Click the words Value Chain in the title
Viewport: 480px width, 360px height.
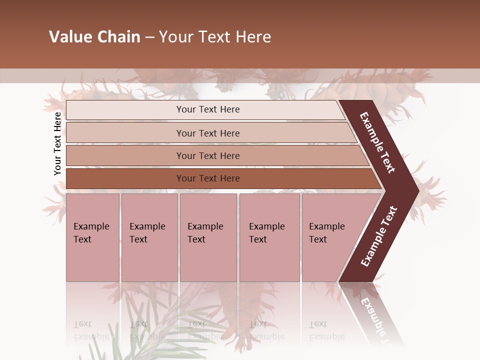pos(94,37)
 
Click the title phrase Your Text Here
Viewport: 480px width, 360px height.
pos(215,37)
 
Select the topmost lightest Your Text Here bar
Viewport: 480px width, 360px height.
pos(208,109)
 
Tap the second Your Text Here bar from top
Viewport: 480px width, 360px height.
pos(208,133)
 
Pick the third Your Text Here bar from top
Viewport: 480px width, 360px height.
pos(208,155)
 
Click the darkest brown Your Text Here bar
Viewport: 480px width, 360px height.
pos(208,178)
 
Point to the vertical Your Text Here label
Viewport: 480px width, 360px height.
pos(57,143)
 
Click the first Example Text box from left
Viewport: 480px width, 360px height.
pos(92,237)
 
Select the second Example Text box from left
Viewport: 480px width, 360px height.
pos(149,237)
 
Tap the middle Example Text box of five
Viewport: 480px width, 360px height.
pos(208,237)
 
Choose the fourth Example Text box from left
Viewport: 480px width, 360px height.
pos(269,237)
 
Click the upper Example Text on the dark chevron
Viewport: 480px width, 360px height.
pos(377,142)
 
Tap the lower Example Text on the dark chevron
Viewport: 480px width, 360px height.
pos(379,236)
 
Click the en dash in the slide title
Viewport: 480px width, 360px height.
pos(149,37)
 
